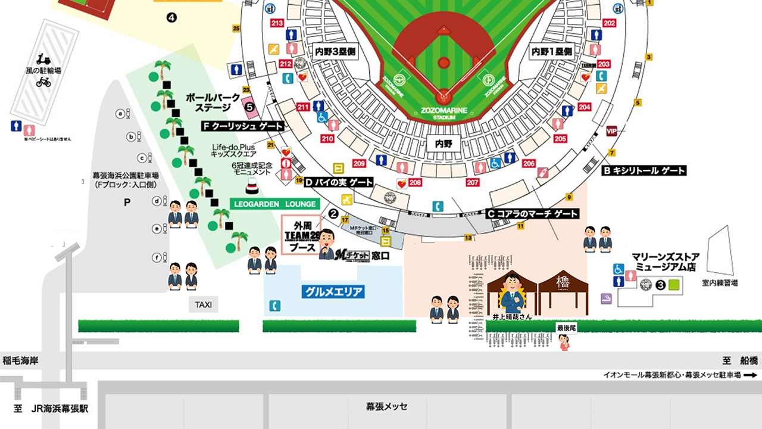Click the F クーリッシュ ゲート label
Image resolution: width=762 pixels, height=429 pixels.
[243, 126]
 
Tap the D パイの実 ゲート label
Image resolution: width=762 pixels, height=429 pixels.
[339, 182]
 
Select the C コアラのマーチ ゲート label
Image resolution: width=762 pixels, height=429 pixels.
[533, 213]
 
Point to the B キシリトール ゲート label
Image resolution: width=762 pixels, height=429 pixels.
[644, 170]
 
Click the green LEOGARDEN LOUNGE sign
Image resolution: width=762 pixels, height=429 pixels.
[274, 204]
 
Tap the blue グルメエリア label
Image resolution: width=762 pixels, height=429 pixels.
[333, 292]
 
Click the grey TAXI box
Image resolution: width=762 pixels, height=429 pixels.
[204, 306]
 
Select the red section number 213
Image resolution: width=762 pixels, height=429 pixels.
[277, 23]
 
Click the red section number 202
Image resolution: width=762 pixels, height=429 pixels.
[609, 23]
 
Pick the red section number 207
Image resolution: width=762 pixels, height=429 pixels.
[473, 182]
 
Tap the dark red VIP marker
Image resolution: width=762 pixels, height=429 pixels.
[611, 131]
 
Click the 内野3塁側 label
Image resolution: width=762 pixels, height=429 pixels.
[335, 52]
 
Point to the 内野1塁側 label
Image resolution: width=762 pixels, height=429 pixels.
[552, 52]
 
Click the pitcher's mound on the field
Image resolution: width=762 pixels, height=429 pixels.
[444, 63]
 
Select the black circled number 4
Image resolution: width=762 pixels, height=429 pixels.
[172, 18]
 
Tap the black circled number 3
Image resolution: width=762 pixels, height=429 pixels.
[660, 285]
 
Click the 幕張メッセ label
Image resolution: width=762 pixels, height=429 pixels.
[387, 406]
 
